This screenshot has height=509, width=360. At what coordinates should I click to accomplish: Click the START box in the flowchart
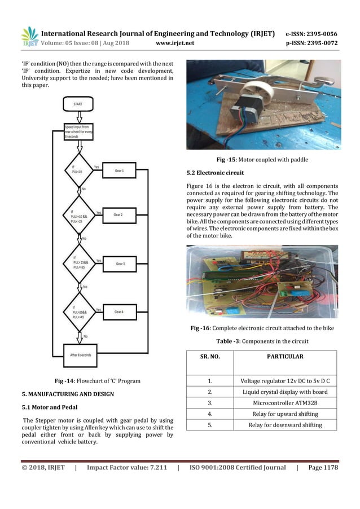pos(80,104)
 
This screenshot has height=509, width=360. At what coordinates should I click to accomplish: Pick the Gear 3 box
pos(120,264)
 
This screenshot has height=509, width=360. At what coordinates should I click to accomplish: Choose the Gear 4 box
pos(121,311)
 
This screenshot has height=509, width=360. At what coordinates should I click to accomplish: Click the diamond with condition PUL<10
pos(80,170)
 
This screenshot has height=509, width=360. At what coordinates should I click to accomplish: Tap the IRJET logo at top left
pos(30,37)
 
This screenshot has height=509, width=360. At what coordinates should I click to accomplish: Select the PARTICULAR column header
pos(286,357)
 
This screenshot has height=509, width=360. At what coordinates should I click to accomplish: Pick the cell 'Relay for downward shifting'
pos(286,424)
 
